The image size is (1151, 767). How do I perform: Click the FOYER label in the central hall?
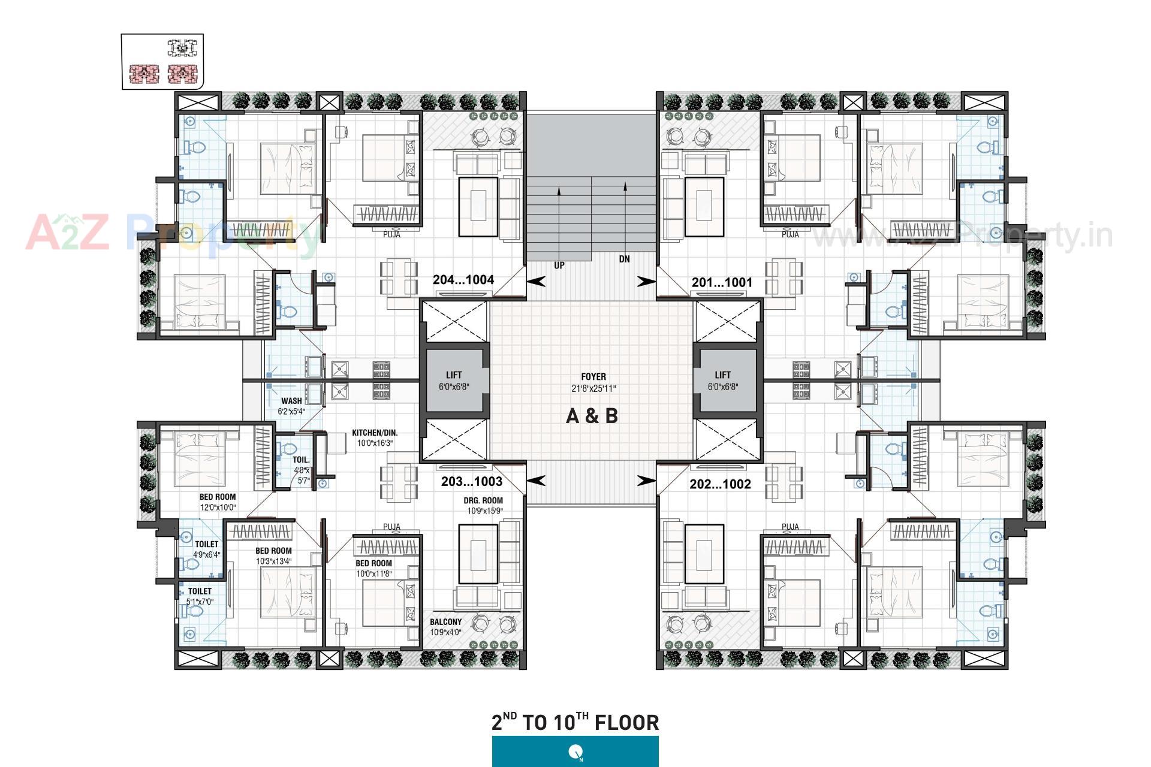tap(593, 377)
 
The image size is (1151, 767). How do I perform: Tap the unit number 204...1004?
tap(463, 280)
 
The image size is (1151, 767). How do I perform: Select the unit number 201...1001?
tap(722, 282)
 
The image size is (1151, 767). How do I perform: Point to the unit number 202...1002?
tap(720, 484)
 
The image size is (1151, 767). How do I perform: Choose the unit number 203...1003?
tap(472, 482)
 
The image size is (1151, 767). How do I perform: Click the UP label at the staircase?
tap(559, 265)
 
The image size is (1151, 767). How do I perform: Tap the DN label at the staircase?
tap(625, 259)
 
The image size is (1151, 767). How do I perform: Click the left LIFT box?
tap(454, 381)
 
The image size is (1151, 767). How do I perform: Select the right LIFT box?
tap(723, 381)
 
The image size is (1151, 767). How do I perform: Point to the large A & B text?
tap(592, 416)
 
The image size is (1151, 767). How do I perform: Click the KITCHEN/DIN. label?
tap(375, 433)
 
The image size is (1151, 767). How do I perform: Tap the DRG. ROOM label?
tap(483, 501)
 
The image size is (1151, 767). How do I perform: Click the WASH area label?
tap(291, 401)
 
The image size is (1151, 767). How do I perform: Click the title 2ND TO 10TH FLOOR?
tap(575, 722)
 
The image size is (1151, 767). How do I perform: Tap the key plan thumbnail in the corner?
tap(162, 62)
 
